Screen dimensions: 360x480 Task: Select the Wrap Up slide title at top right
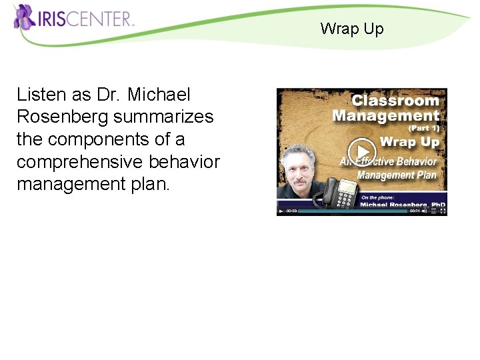pos(351,29)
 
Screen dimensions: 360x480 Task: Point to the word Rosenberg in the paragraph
pos(63,117)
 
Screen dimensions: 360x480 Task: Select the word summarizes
pos(163,117)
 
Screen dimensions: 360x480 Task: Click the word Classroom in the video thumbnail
pos(395,101)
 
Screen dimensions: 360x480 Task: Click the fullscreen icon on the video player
pos(443,211)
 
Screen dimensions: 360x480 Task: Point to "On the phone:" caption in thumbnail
pos(378,197)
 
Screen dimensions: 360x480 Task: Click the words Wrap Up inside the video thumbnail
pos(409,142)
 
